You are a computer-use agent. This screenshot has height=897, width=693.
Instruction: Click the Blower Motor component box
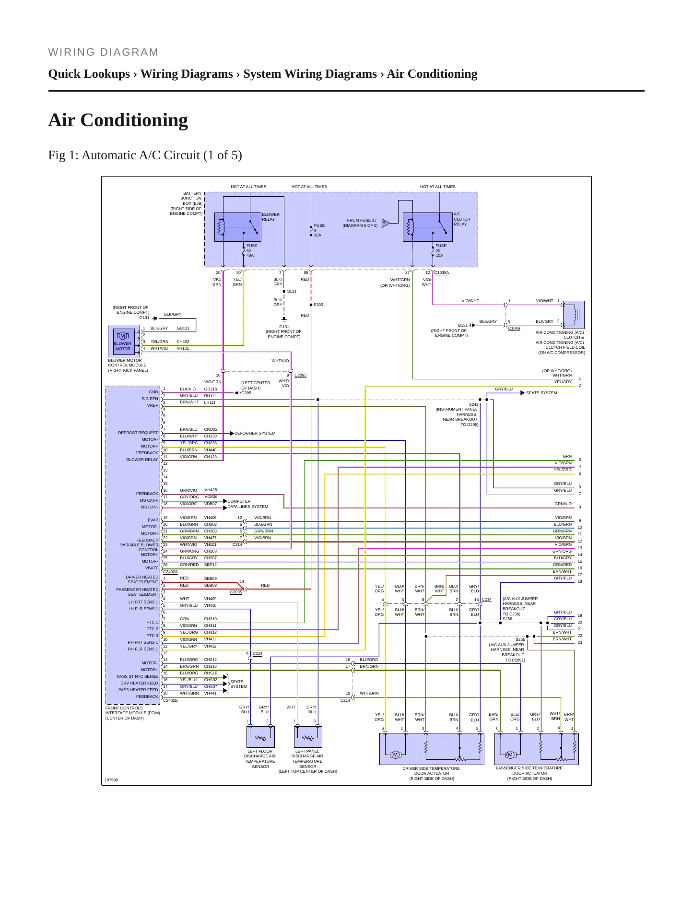click(122, 340)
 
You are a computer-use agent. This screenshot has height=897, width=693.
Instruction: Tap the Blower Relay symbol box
click(237, 227)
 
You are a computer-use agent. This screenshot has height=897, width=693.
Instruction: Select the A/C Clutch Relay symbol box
click(428, 227)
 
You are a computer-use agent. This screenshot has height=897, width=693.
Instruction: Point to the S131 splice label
click(292, 291)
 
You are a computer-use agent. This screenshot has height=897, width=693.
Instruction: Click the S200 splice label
click(318, 305)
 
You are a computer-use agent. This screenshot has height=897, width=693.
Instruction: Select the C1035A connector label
click(442, 272)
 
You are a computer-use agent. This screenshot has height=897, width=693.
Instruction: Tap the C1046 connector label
click(514, 329)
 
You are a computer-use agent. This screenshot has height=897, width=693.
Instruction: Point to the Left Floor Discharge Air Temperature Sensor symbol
click(260, 737)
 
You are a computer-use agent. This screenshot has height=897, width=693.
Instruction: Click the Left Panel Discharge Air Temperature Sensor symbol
click(308, 737)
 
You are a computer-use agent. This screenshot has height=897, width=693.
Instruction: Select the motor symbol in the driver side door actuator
click(395, 755)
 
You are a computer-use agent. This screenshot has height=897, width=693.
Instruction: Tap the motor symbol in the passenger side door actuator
click(510, 755)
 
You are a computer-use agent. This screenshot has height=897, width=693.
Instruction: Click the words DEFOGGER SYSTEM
click(255, 433)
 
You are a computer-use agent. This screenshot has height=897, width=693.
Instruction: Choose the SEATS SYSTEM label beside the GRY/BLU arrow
click(541, 393)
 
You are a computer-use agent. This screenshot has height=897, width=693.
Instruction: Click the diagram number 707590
click(111, 780)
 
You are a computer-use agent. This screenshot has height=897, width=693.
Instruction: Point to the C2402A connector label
click(170, 572)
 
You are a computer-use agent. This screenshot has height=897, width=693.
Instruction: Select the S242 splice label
click(473, 404)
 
